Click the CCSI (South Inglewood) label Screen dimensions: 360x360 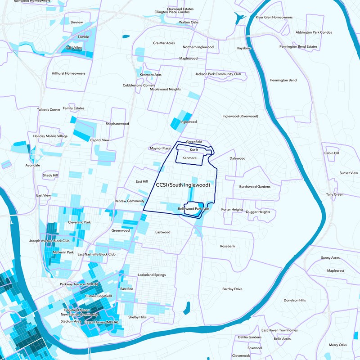pos(183,185)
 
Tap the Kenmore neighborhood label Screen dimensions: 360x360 pos(189,158)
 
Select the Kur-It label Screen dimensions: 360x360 pos(194,149)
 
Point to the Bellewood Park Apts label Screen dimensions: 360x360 pos(194,209)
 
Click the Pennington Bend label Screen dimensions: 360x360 pos(283,80)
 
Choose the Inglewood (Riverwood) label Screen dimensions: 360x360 pos(240,116)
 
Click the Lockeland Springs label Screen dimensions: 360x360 pos(152,274)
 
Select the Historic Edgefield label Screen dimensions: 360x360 pos(98,296)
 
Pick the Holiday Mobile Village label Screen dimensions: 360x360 pos(50,136)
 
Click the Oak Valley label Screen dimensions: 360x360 pos(74,48)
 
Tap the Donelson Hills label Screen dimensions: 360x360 pos(295,300)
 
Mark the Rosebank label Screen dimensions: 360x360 pos(228,246)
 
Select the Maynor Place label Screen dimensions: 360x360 pos(160,148)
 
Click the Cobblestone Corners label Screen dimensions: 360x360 pos(139,85)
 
